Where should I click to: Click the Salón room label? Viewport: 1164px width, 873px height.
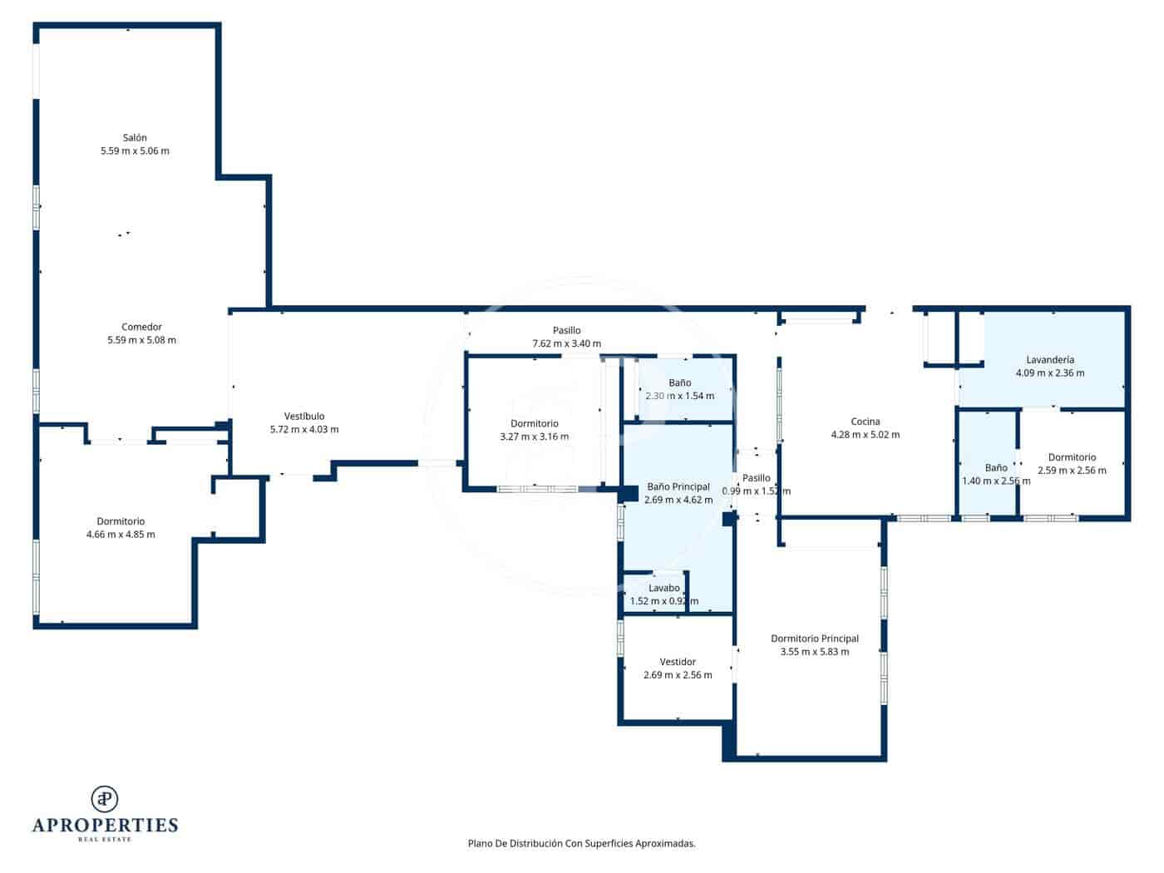click(x=135, y=138)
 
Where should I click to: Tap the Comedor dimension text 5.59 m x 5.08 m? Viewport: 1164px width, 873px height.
click(x=141, y=340)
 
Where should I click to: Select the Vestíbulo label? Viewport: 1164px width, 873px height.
click(x=304, y=416)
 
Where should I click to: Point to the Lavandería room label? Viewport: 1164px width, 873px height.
click(x=1050, y=360)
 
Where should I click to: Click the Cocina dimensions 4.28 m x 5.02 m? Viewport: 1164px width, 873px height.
click(x=866, y=435)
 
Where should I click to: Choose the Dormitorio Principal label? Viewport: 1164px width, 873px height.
click(x=815, y=639)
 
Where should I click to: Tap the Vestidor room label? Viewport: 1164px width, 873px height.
click(x=678, y=662)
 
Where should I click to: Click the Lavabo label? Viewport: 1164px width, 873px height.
click(x=664, y=588)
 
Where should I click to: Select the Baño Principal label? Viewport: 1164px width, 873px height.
click(x=678, y=486)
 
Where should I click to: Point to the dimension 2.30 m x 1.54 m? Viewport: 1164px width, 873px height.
click(x=679, y=396)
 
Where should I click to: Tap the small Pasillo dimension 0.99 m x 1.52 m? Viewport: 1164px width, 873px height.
click(x=756, y=491)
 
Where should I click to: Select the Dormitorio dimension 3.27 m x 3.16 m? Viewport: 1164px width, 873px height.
click(x=535, y=436)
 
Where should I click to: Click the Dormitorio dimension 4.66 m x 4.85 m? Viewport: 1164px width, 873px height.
click(x=121, y=535)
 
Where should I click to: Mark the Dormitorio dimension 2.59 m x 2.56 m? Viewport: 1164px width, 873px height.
click(x=1072, y=471)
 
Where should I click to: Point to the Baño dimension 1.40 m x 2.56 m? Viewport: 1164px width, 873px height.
click(x=996, y=481)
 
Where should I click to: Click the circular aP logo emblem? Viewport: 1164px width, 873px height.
click(x=105, y=799)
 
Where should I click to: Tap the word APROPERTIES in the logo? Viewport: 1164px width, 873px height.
click(x=105, y=825)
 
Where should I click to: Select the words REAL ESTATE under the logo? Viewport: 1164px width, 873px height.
click(x=105, y=840)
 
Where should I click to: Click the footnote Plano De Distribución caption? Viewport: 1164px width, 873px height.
click(x=581, y=843)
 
